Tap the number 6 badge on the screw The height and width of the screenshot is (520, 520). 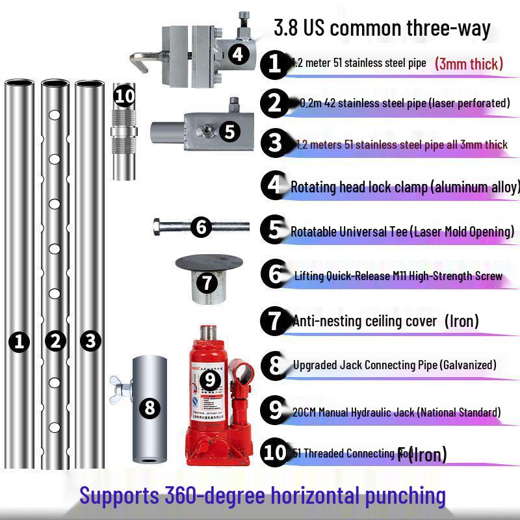click(x=201, y=227)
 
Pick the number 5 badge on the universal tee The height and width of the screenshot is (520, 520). click(x=229, y=131)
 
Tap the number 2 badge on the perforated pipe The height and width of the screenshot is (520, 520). click(x=55, y=341)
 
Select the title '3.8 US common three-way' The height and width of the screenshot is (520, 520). click(x=382, y=29)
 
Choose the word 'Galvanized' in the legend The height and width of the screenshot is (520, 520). click(x=468, y=365)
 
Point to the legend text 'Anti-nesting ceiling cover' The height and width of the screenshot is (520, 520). click(x=365, y=320)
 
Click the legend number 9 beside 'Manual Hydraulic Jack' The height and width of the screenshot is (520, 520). click(x=274, y=410)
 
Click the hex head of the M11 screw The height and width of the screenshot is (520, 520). click(x=159, y=227)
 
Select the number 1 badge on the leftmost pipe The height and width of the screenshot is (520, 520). click(x=20, y=341)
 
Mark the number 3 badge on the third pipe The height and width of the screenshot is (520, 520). click(x=90, y=341)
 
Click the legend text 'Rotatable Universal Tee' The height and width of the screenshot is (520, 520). click(x=349, y=231)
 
